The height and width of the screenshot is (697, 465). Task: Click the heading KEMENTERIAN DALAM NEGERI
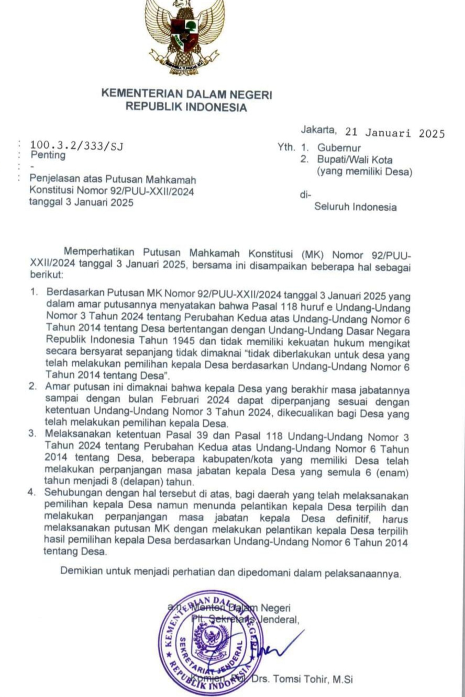click(x=186, y=95)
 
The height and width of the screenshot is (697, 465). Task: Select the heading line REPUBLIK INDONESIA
click(x=186, y=108)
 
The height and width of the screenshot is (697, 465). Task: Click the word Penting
click(x=48, y=155)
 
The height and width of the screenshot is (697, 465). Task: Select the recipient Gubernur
click(x=338, y=148)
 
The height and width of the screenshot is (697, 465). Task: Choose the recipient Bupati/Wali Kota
click(x=354, y=159)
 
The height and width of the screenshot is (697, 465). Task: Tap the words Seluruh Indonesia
click(x=355, y=207)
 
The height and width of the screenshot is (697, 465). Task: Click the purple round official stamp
click(x=211, y=643)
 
